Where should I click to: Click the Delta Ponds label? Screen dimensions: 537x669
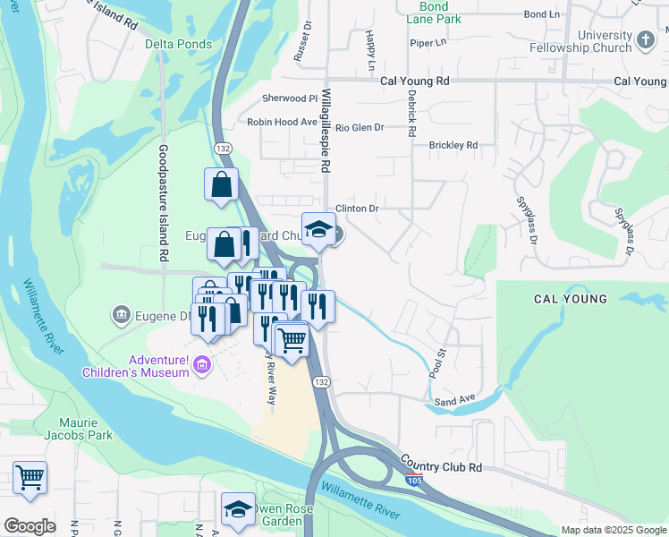(179, 44)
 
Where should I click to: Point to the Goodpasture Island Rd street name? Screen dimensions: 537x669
(164, 202)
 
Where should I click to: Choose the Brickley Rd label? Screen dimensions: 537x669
(453, 145)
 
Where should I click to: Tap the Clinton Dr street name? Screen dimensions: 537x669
(361, 209)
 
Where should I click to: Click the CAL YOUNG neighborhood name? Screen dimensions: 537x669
(571, 299)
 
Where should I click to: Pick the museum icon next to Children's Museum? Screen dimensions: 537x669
(203, 364)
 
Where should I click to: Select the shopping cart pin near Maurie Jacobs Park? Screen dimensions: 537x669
(30, 477)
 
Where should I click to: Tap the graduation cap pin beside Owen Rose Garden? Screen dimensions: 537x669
(238, 509)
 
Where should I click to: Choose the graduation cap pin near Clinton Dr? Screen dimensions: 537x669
(318, 230)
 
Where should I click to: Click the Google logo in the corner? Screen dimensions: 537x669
(30, 526)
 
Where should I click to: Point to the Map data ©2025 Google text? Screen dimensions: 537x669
(613, 530)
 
